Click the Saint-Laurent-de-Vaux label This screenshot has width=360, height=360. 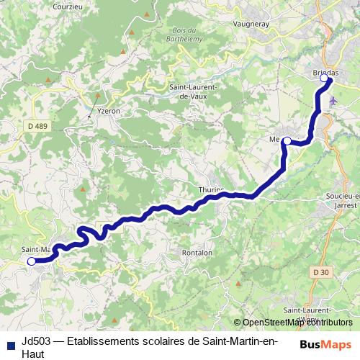189,91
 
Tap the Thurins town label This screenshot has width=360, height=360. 211,189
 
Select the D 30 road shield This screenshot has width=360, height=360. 323,271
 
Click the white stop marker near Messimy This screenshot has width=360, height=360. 287,140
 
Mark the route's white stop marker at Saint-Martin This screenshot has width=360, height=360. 31,261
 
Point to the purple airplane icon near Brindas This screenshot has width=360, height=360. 332,101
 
